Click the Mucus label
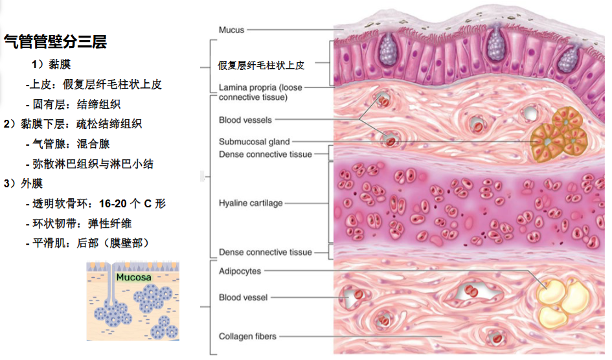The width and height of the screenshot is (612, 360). [231, 30]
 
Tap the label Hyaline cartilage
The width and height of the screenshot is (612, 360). [251, 203]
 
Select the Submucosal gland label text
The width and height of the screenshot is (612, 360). [254, 142]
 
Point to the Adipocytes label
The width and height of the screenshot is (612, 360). [240, 271]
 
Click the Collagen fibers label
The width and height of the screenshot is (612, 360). [247, 336]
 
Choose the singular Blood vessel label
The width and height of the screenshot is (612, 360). [243, 298]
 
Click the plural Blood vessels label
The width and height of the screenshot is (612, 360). [245, 120]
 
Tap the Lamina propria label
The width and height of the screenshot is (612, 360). [260, 92]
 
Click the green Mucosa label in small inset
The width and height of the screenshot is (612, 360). [133, 277]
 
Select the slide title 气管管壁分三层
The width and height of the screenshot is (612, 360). [56, 41]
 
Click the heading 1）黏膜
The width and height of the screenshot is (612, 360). [51, 64]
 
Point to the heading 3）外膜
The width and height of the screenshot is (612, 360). [23, 183]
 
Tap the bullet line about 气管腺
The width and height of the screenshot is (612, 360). [68, 144]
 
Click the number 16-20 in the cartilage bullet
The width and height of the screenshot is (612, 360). [113, 203]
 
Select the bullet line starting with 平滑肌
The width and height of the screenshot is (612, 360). [87, 243]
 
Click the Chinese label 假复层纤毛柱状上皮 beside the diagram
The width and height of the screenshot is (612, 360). [261, 65]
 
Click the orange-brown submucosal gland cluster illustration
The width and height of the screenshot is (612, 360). [558, 135]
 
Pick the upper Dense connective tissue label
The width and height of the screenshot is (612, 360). [266, 155]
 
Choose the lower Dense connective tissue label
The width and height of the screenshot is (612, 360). [266, 253]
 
